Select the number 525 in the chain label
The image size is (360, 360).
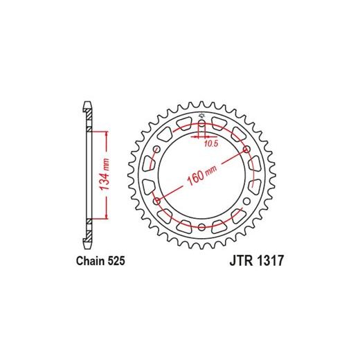click(116, 261)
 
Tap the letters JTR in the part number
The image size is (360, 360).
click(240, 261)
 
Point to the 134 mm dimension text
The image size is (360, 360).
click(105, 174)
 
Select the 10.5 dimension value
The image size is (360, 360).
click(211, 144)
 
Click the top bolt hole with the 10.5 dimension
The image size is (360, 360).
click(201, 123)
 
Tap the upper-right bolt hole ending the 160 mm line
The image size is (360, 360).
click(246, 150)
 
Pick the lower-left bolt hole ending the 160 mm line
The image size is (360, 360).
click(156, 201)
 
